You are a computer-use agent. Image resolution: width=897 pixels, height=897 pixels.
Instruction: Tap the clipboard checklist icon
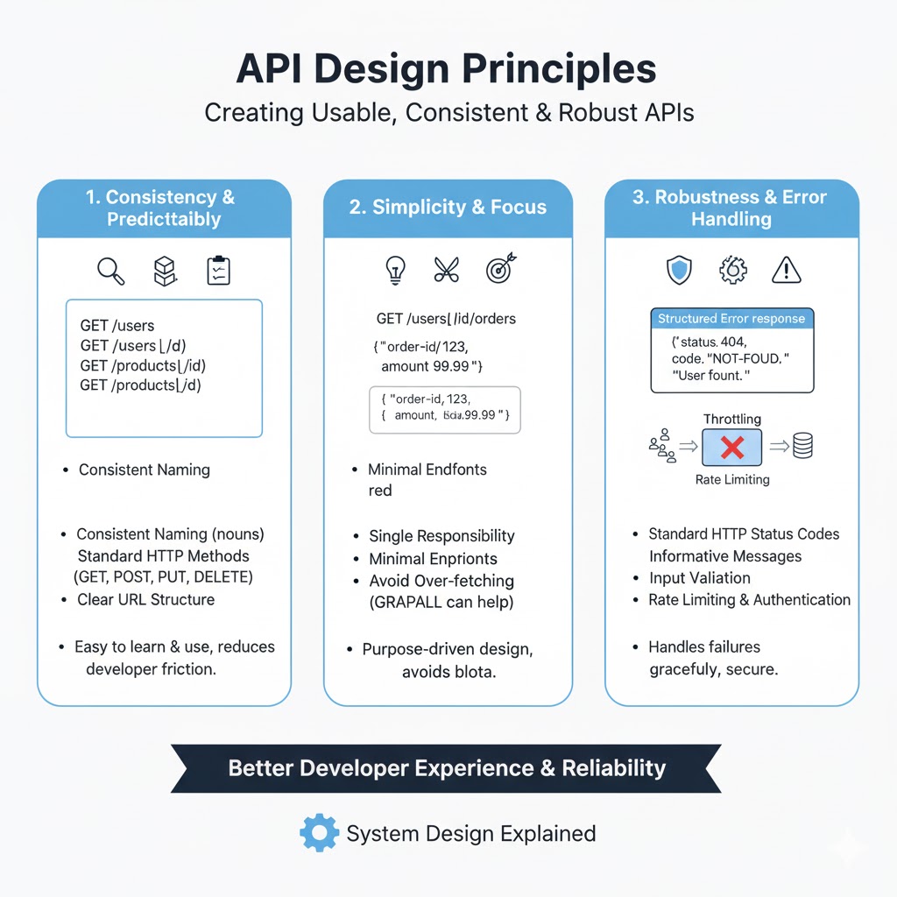(x=217, y=271)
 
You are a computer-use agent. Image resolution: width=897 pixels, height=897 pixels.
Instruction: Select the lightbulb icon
(x=396, y=271)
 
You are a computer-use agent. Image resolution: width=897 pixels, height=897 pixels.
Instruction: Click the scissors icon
(x=447, y=271)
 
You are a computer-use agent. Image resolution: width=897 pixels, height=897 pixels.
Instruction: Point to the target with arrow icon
(x=499, y=270)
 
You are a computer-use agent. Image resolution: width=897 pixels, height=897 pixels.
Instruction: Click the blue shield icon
(x=678, y=271)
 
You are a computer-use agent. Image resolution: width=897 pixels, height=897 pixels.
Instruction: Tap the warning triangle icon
(x=787, y=271)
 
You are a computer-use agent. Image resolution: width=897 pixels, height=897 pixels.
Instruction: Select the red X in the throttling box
(x=732, y=448)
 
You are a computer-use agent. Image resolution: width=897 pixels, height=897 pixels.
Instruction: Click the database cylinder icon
(x=802, y=448)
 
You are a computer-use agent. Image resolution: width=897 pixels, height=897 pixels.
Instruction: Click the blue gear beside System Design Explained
(x=319, y=833)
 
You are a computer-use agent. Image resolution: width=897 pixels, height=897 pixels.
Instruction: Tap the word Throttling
(x=732, y=420)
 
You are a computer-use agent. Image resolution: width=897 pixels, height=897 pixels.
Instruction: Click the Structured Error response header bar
(x=731, y=319)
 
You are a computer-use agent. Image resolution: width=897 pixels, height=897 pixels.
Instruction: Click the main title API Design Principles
(x=448, y=70)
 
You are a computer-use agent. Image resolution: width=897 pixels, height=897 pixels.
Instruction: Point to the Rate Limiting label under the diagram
(x=732, y=479)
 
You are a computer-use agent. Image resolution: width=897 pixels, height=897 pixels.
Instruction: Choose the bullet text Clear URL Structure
(x=145, y=600)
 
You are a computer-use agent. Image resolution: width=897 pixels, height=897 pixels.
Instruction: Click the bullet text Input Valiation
(x=699, y=578)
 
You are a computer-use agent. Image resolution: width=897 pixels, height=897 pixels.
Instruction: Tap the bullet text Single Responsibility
(x=441, y=536)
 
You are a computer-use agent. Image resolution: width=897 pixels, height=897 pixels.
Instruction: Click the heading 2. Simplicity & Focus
(x=448, y=208)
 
